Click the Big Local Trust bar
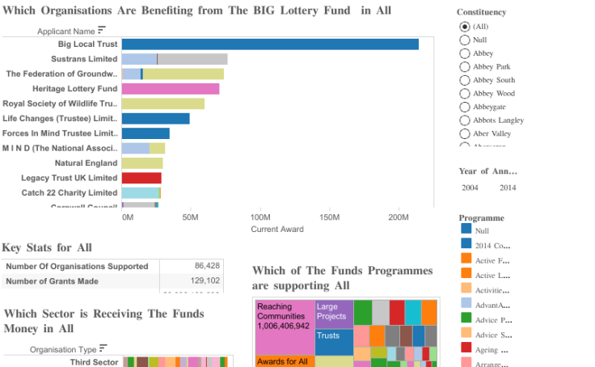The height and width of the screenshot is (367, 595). click(x=270, y=44)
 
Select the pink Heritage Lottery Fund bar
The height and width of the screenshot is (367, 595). click(x=170, y=89)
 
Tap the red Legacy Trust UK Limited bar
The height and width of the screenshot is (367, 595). click(x=141, y=178)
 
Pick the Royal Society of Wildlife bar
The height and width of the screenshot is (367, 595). click(x=162, y=103)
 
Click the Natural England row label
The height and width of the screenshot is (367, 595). click(x=86, y=163)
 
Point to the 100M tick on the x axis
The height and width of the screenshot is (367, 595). click(x=260, y=217)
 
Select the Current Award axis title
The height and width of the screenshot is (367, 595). click(x=277, y=230)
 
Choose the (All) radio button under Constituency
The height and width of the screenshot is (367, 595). click(x=464, y=27)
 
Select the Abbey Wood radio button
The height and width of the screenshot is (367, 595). click(x=464, y=94)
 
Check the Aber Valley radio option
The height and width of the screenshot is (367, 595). click(x=464, y=133)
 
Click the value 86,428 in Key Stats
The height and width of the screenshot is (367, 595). click(x=207, y=266)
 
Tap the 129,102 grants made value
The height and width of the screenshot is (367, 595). click(x=207, y=281)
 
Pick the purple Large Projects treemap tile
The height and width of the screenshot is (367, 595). click(x=334, y=312)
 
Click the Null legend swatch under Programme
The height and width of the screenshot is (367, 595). click(x=466, y=231)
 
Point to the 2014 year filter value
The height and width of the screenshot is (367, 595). click(x=508, y=188)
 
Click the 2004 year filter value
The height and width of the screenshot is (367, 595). click(x=470, y=188)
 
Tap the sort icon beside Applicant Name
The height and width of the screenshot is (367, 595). click(x=102, y=30)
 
